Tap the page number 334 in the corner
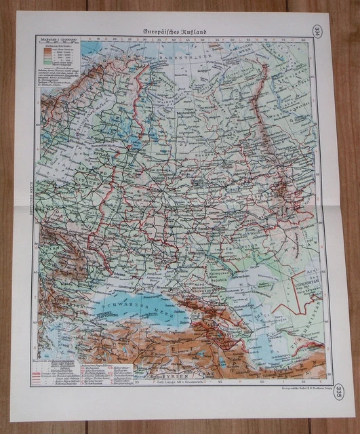(x=319, y=32)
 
